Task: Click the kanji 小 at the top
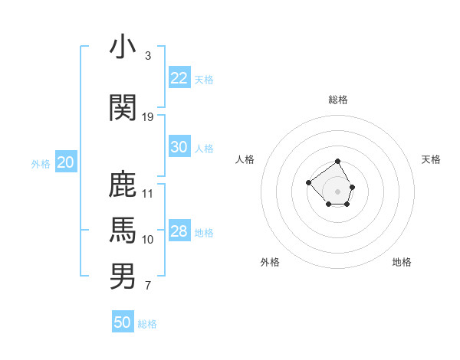click(123, 47)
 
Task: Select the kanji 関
click(123, 108)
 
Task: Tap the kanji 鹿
click(123, 185)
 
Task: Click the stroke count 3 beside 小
click(147, 56)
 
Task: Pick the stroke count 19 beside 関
click(148, 116)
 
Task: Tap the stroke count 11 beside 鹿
click(148, 193)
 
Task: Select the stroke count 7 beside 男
click(147, 286)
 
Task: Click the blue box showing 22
click(179, 78)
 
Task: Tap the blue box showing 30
click(179, 147)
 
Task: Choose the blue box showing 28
click(179, 231)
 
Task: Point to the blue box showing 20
click(65, 162)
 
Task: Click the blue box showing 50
click(122, 322)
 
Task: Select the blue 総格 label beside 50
click(147, 324)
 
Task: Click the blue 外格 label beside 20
click(41, 164)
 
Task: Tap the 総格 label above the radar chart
click(337, 100)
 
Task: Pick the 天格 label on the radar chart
click(431, 159)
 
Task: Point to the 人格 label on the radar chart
click(245, 159)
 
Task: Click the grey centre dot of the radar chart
click(337, 191)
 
